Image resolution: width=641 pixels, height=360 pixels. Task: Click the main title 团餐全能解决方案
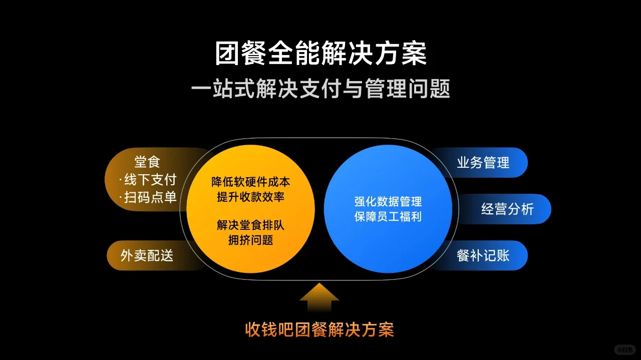pos(320,54)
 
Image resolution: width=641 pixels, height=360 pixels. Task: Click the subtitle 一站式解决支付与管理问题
pos(320,90)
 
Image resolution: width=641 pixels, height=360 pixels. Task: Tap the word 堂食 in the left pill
pos(147,162)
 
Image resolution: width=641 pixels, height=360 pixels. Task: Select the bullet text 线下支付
pos(150,179)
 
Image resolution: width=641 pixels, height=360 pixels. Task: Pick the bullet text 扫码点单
pos(150,197)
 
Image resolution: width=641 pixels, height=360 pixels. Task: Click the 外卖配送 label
pos(147,255)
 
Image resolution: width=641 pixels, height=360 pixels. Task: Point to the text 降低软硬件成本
pos(250,182)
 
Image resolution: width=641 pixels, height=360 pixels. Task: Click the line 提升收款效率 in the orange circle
pos(250,197)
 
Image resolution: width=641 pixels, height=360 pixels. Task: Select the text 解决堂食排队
pos(250,225)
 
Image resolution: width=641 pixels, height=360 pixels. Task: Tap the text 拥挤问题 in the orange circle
pos(250,240)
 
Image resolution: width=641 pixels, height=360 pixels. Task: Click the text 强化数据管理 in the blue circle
pos(388,202)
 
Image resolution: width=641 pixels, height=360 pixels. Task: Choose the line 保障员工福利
pos(388,217)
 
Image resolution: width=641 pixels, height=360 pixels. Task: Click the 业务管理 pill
pos(483,163)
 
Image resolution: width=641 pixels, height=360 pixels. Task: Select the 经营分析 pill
pos(507,209)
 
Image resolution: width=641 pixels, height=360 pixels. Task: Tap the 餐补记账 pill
pos(483,255)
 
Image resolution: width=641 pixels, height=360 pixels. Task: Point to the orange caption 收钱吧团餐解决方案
pos(319,329)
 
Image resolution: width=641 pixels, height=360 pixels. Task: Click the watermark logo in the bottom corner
pos(624,349)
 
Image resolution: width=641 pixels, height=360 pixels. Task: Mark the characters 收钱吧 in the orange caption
pos(268,329)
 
